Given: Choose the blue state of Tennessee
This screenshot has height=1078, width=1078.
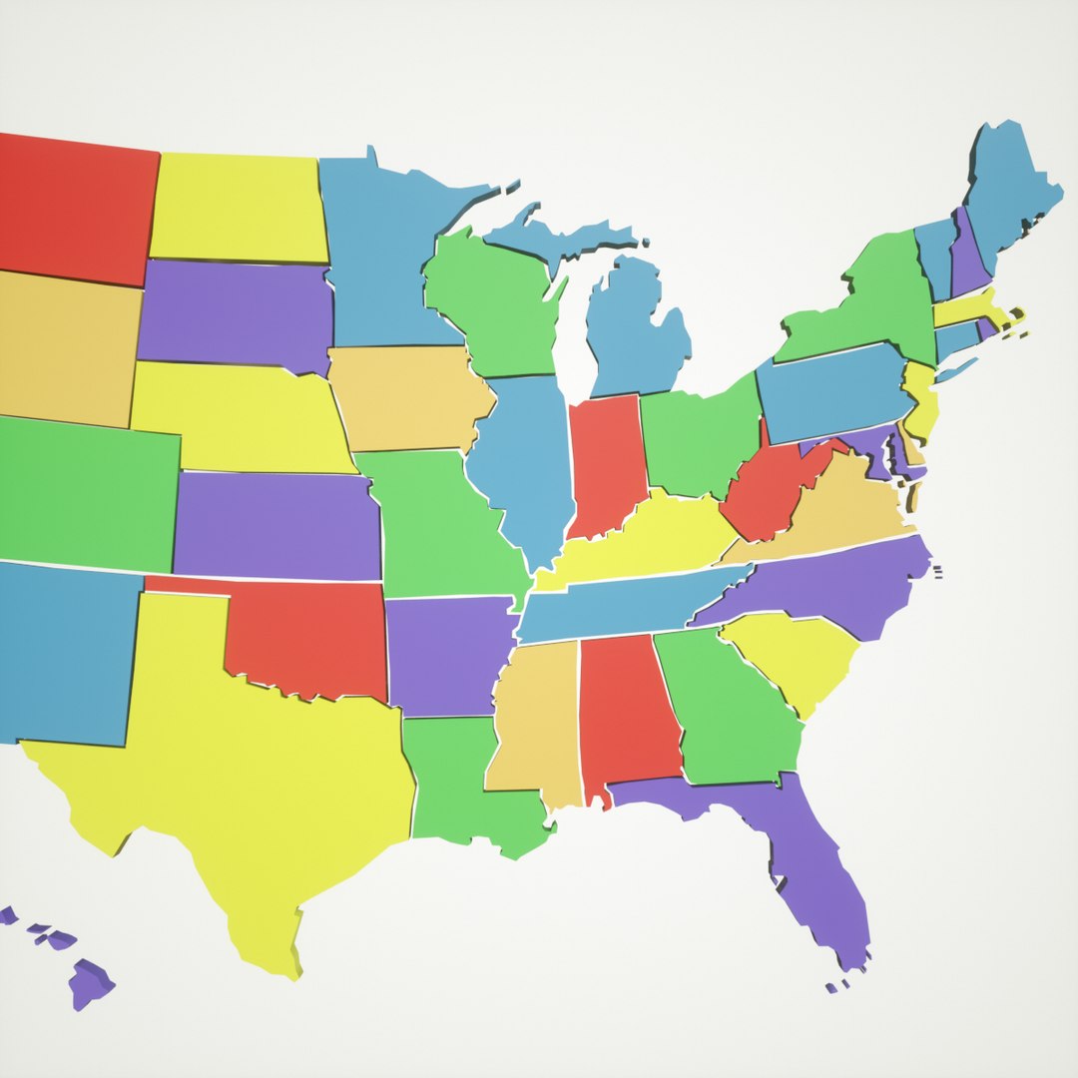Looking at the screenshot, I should (619, 604).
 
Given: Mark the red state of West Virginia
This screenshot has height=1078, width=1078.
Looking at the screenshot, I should (769, 489).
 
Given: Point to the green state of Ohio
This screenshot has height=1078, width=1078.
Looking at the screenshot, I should (699, 439).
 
